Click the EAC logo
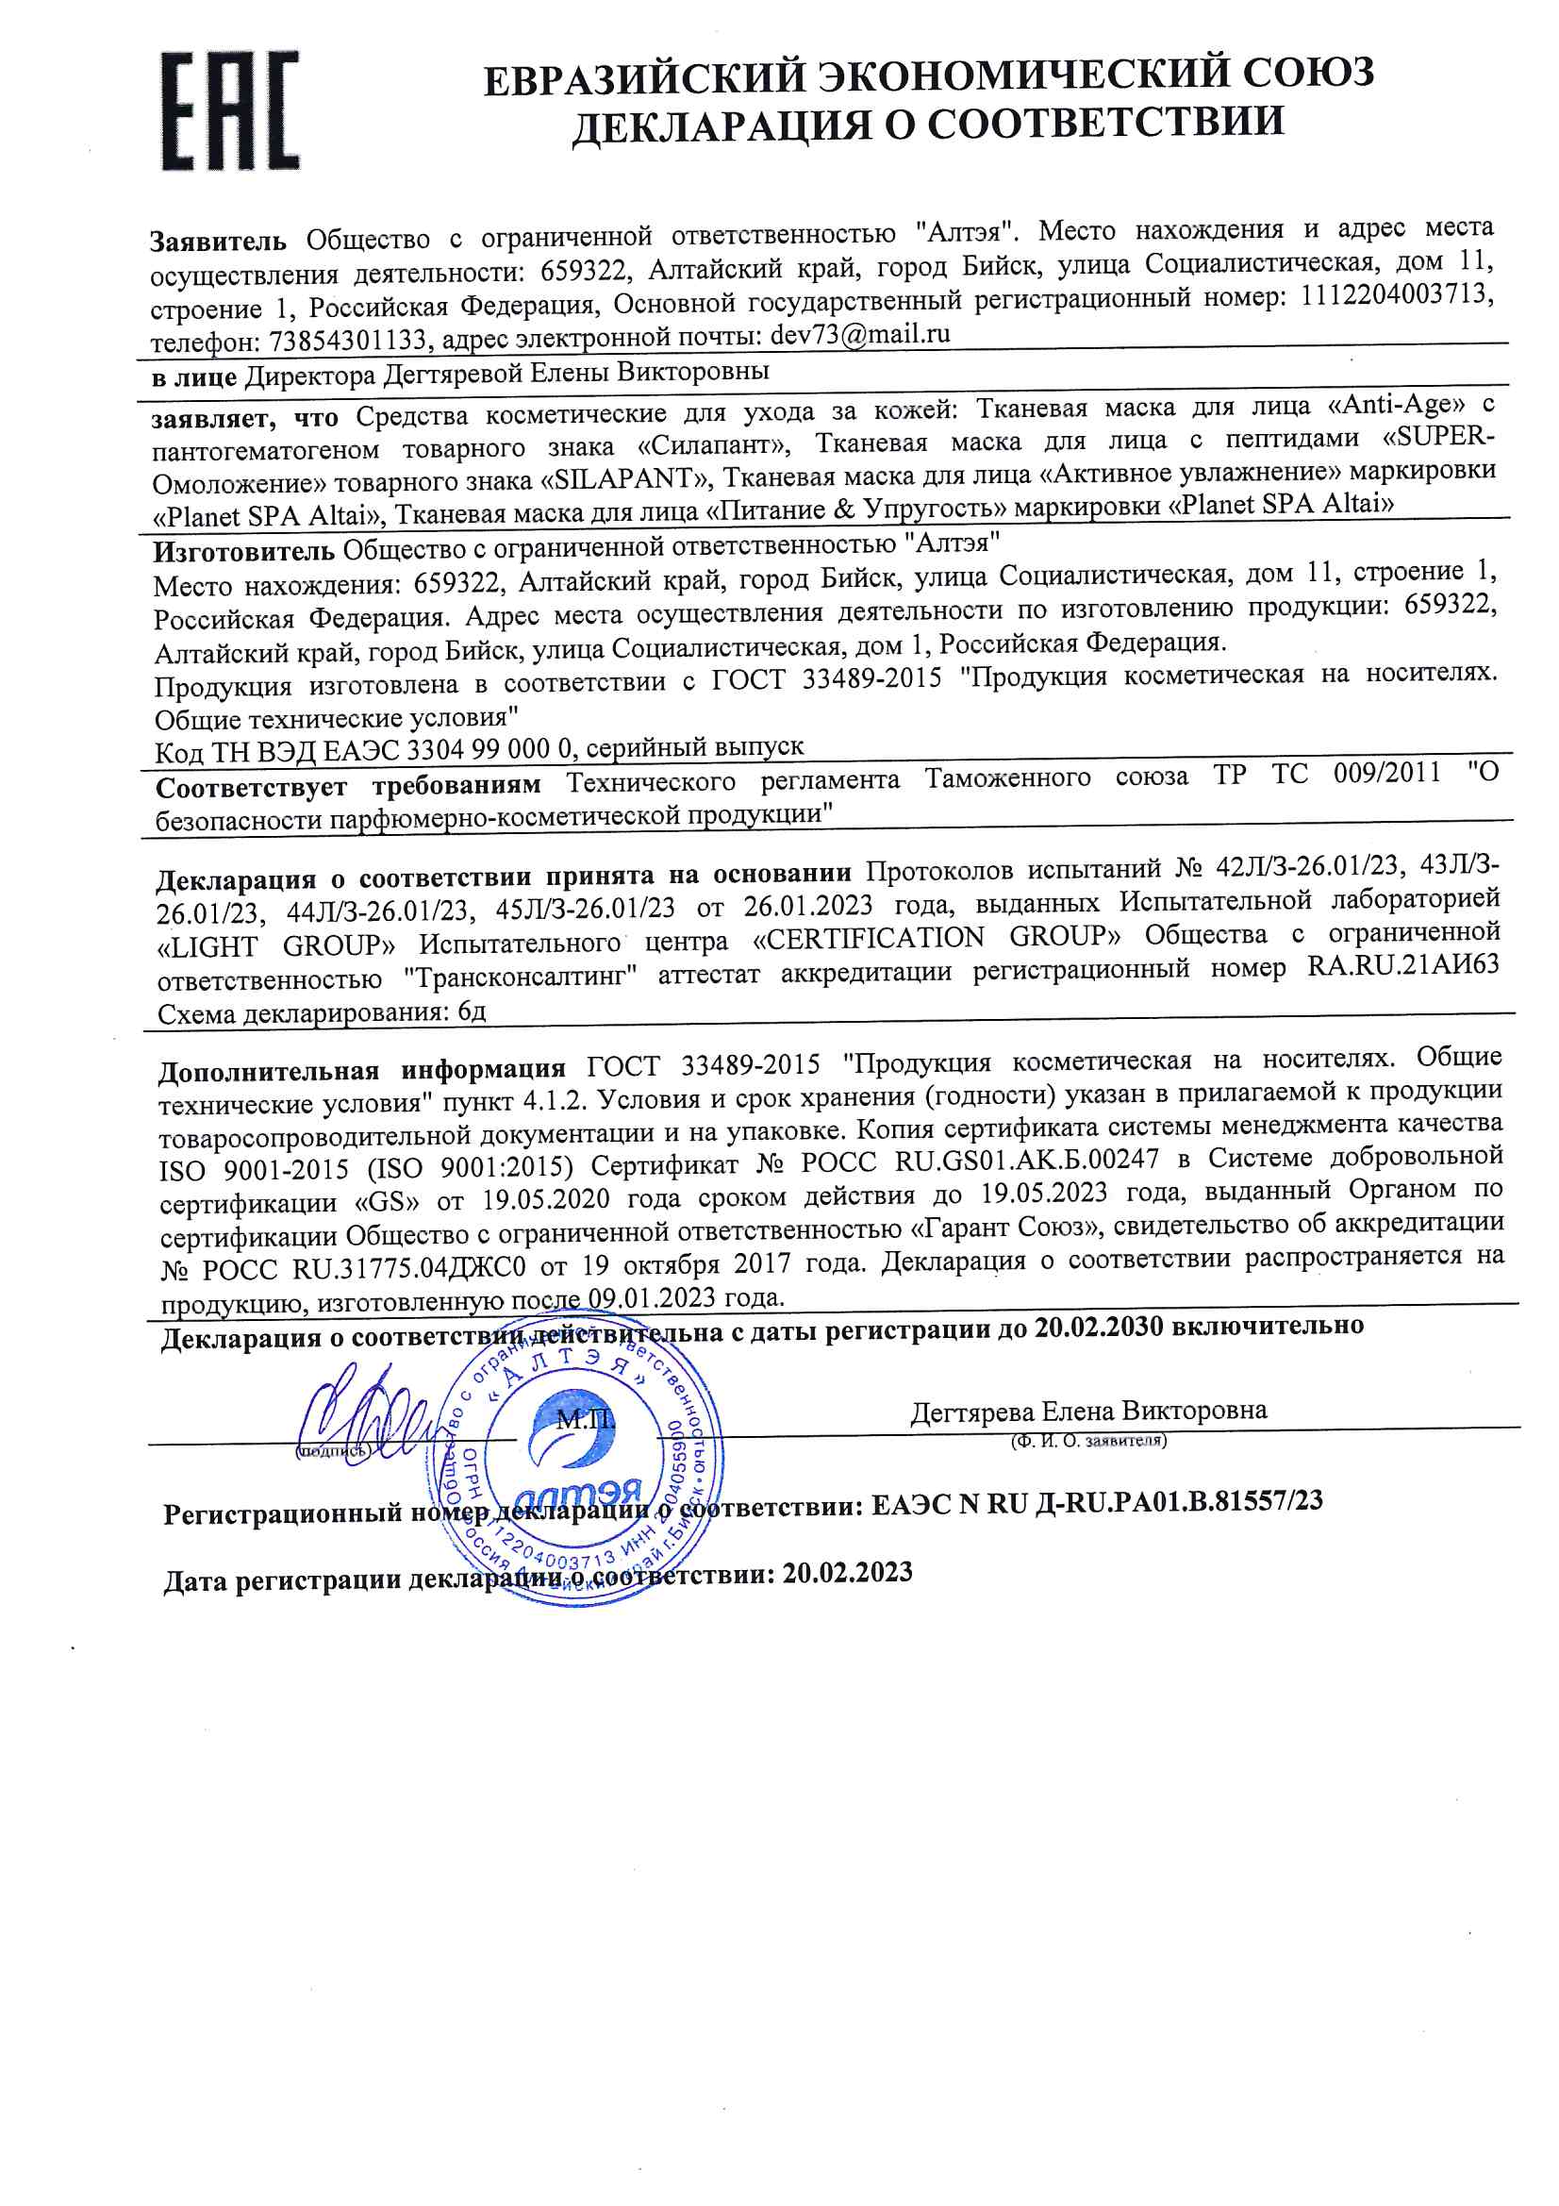[x=229, y=110]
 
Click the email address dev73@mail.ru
[x=860, y=334]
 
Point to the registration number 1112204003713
[x=1397, y=296]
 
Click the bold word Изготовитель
[x=244, y=550]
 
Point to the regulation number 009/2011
[x=1386, y=773]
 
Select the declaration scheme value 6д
[x=472, y=1011]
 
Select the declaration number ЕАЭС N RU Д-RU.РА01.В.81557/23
[x=1096, y=1503]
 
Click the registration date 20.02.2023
[x=846, y=1573]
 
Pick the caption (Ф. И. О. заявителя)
[x=1088, y=1441]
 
